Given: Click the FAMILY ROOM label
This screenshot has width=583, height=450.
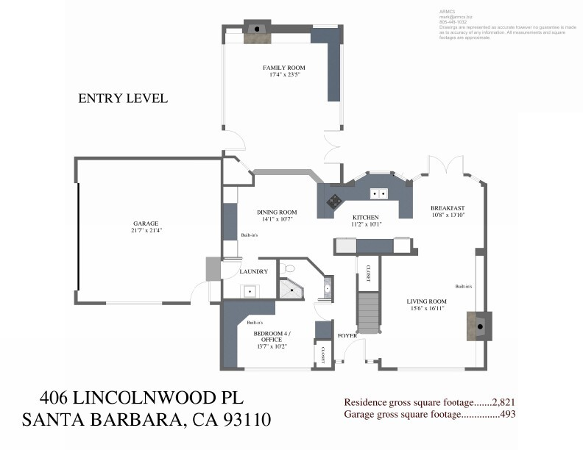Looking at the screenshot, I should (x=284, y=68).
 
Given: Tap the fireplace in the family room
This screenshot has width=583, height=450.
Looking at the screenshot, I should (x=257, y=29).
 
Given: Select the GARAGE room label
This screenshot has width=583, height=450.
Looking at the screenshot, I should (x=146, y=224).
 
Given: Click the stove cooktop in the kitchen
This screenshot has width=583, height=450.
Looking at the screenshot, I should (x=334, y=199).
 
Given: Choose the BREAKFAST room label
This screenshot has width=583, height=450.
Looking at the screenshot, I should (x=448, y=208).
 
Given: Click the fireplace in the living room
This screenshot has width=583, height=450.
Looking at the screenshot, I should (x=479, y=324).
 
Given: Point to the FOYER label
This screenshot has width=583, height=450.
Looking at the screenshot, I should (x=347, y=335).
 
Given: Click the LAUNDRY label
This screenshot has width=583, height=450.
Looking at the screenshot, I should (x=253, y=272).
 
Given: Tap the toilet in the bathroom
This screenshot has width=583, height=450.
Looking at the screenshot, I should (x=289, y=269).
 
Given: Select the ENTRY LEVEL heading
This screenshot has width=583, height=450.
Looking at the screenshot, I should (x=123, y=98).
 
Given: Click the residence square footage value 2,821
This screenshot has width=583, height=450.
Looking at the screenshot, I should (x=502, y=402).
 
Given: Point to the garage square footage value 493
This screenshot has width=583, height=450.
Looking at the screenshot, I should (x=507, y=414).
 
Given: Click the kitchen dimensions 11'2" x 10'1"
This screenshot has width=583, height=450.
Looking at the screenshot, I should (x=365, y=225).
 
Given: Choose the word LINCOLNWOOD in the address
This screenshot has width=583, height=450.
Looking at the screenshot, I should (x=144, y=398).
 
